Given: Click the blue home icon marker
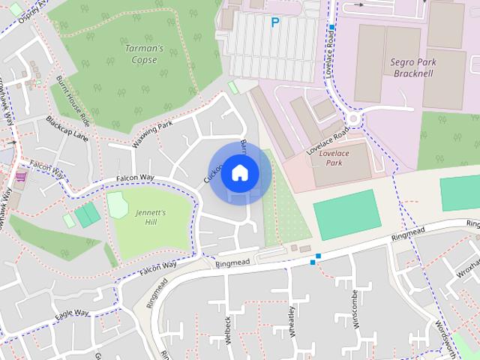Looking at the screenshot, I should pyautogui.click(x=238, y=172).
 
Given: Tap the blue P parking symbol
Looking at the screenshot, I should pyautogui.click(x=275, y=23).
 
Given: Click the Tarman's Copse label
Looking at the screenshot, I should pyautogui.click(x=141, y=54).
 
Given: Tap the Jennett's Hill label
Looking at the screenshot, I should pyautogui.click(x=151, y=217).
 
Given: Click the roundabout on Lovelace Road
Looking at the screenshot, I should pyautogui.click(x=353, y=118).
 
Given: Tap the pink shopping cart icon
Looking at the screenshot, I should pyautogui.click(x=20, y=177).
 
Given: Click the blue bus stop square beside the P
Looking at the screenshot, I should pyautogui.click(x=331, y=27).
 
